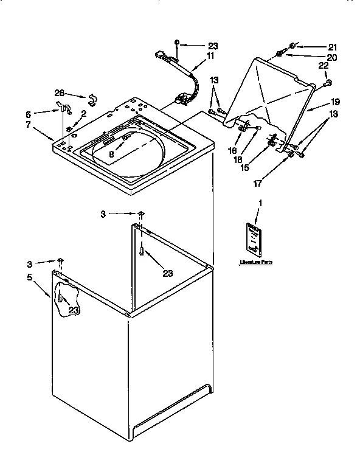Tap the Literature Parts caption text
click(x=255, y=262)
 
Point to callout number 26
click(x=60, y=92)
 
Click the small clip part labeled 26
click(x=92, y=99)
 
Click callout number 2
click(x=83, y=113)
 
